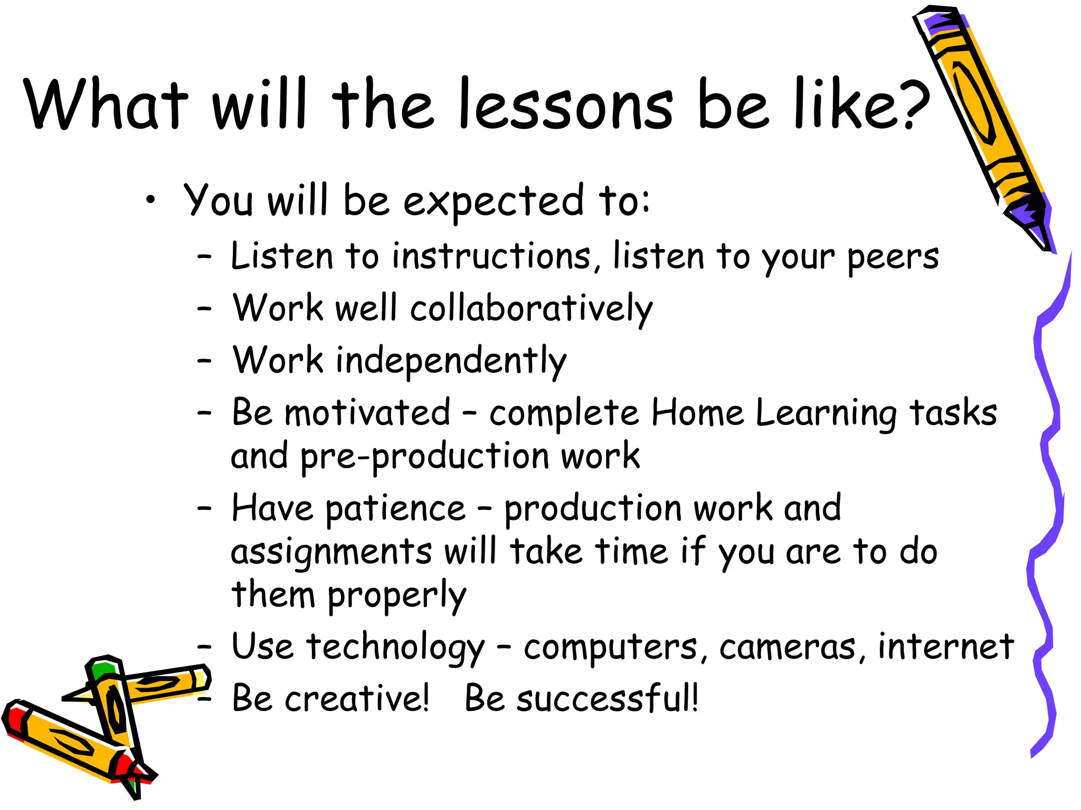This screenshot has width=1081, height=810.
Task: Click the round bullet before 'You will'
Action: (151, 200)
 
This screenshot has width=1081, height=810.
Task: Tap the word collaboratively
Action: (532, 309)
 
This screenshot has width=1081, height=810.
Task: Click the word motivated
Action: (368, 412)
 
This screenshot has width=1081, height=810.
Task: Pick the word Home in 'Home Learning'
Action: (697, 412)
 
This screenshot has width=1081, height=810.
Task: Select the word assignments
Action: (331, 553)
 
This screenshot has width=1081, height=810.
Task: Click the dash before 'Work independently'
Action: (204, 361)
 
